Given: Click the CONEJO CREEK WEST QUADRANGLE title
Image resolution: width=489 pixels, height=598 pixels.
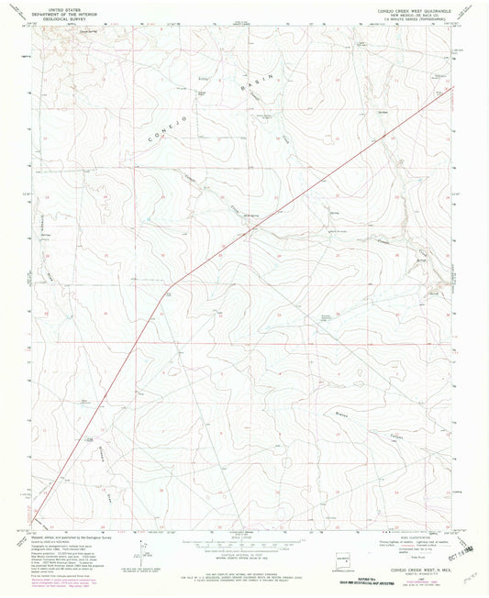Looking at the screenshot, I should coord(414,6).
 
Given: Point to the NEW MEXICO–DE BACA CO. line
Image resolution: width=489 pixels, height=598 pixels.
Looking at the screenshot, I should coord(414,11).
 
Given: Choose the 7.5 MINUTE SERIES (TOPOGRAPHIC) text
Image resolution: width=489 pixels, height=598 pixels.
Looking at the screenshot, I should coord(414,16).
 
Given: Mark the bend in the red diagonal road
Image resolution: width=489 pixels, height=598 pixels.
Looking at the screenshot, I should coord(168,293).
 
